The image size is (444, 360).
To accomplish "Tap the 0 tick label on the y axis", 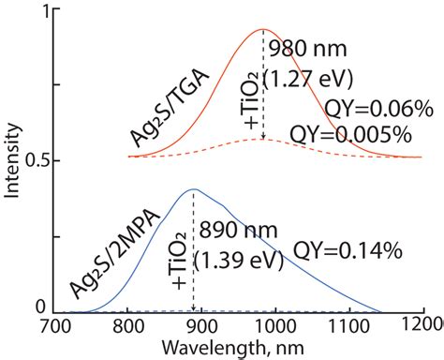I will pos(37,306).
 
